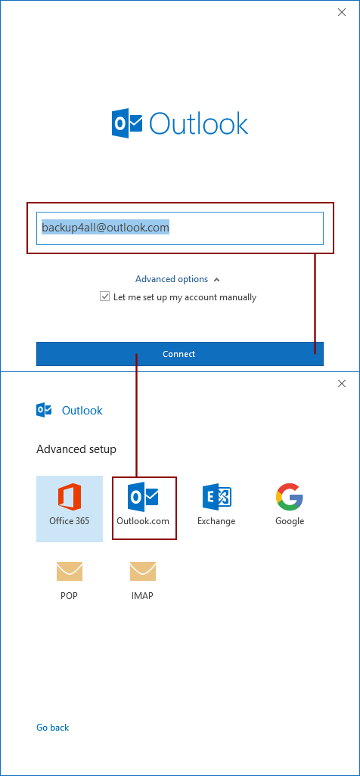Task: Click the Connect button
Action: coord(180,354)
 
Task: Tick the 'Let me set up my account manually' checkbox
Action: coord(104,296)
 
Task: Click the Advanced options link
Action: coord(172,279)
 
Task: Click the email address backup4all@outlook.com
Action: coord(105,227)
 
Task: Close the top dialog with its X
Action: coord(342,12)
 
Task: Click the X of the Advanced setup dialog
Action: coord(342,383)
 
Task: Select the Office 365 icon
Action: coord(70,496)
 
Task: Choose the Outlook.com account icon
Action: coord(143,497)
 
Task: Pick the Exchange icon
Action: coord(217,497)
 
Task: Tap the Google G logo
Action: coord(290,496)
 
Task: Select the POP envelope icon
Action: coord(70,571)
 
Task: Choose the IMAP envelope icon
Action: coord(143,571)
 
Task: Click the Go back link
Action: coord(52,728)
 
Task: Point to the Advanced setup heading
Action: coord(76,449)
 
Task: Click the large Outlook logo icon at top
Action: coord(127,123)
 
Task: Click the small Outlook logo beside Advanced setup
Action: coord(44,410)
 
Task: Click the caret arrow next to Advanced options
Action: coord(216,280)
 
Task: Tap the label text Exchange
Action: coord(216,521)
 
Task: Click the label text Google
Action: coord(290,521)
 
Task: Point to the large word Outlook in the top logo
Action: coord(199,123)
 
